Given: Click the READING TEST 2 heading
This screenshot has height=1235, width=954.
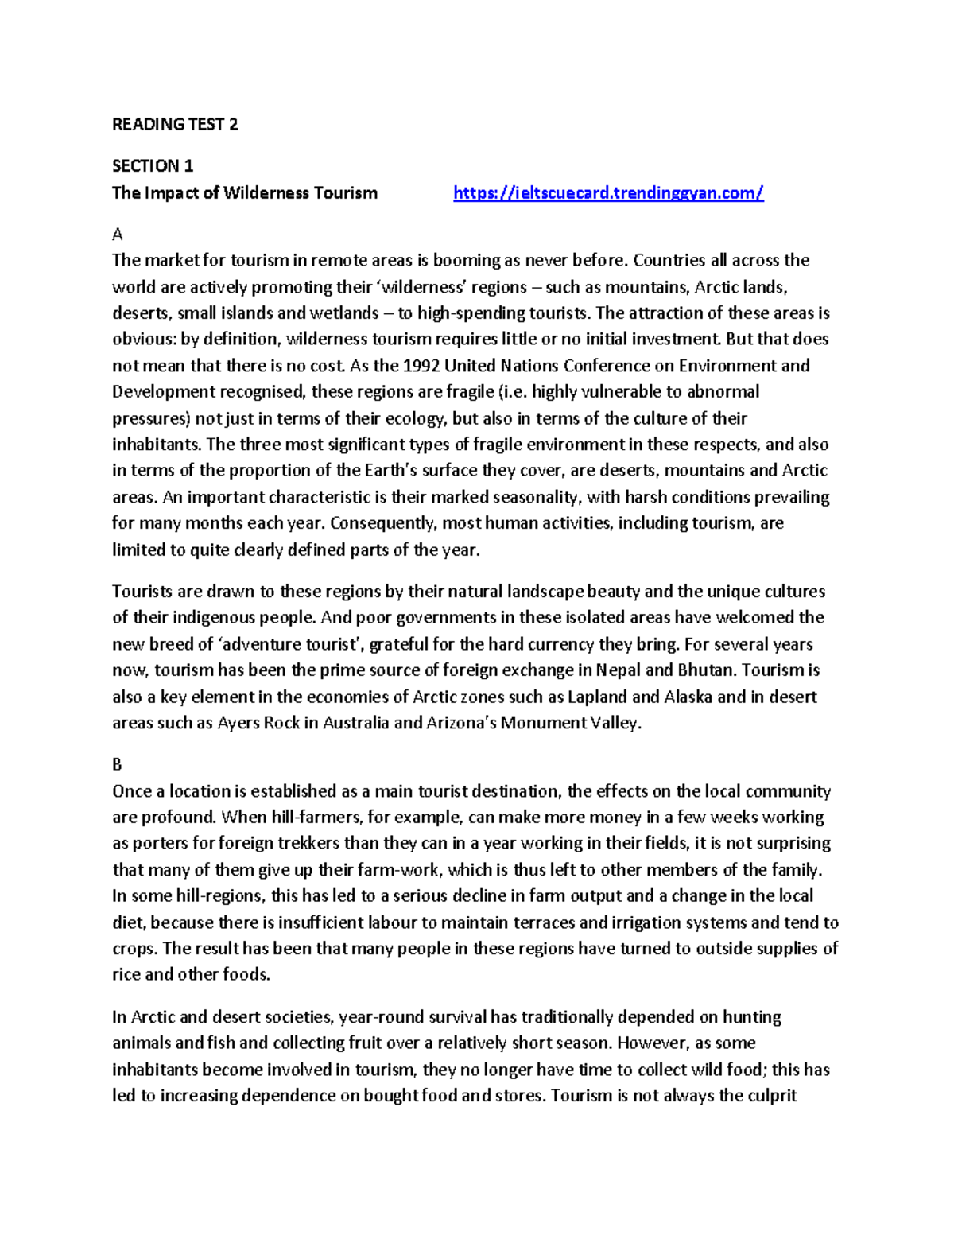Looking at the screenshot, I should point(175,124).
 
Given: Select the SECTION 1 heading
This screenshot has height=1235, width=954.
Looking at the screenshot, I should point(153,166).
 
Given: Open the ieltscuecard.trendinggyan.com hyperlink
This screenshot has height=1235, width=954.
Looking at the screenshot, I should point(608,192).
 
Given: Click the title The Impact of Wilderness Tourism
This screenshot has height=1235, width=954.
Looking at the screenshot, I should point(245,192).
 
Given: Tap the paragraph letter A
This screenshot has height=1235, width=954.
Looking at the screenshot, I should point(118,235).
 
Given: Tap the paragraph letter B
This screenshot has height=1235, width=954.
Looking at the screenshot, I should point(118,765).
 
